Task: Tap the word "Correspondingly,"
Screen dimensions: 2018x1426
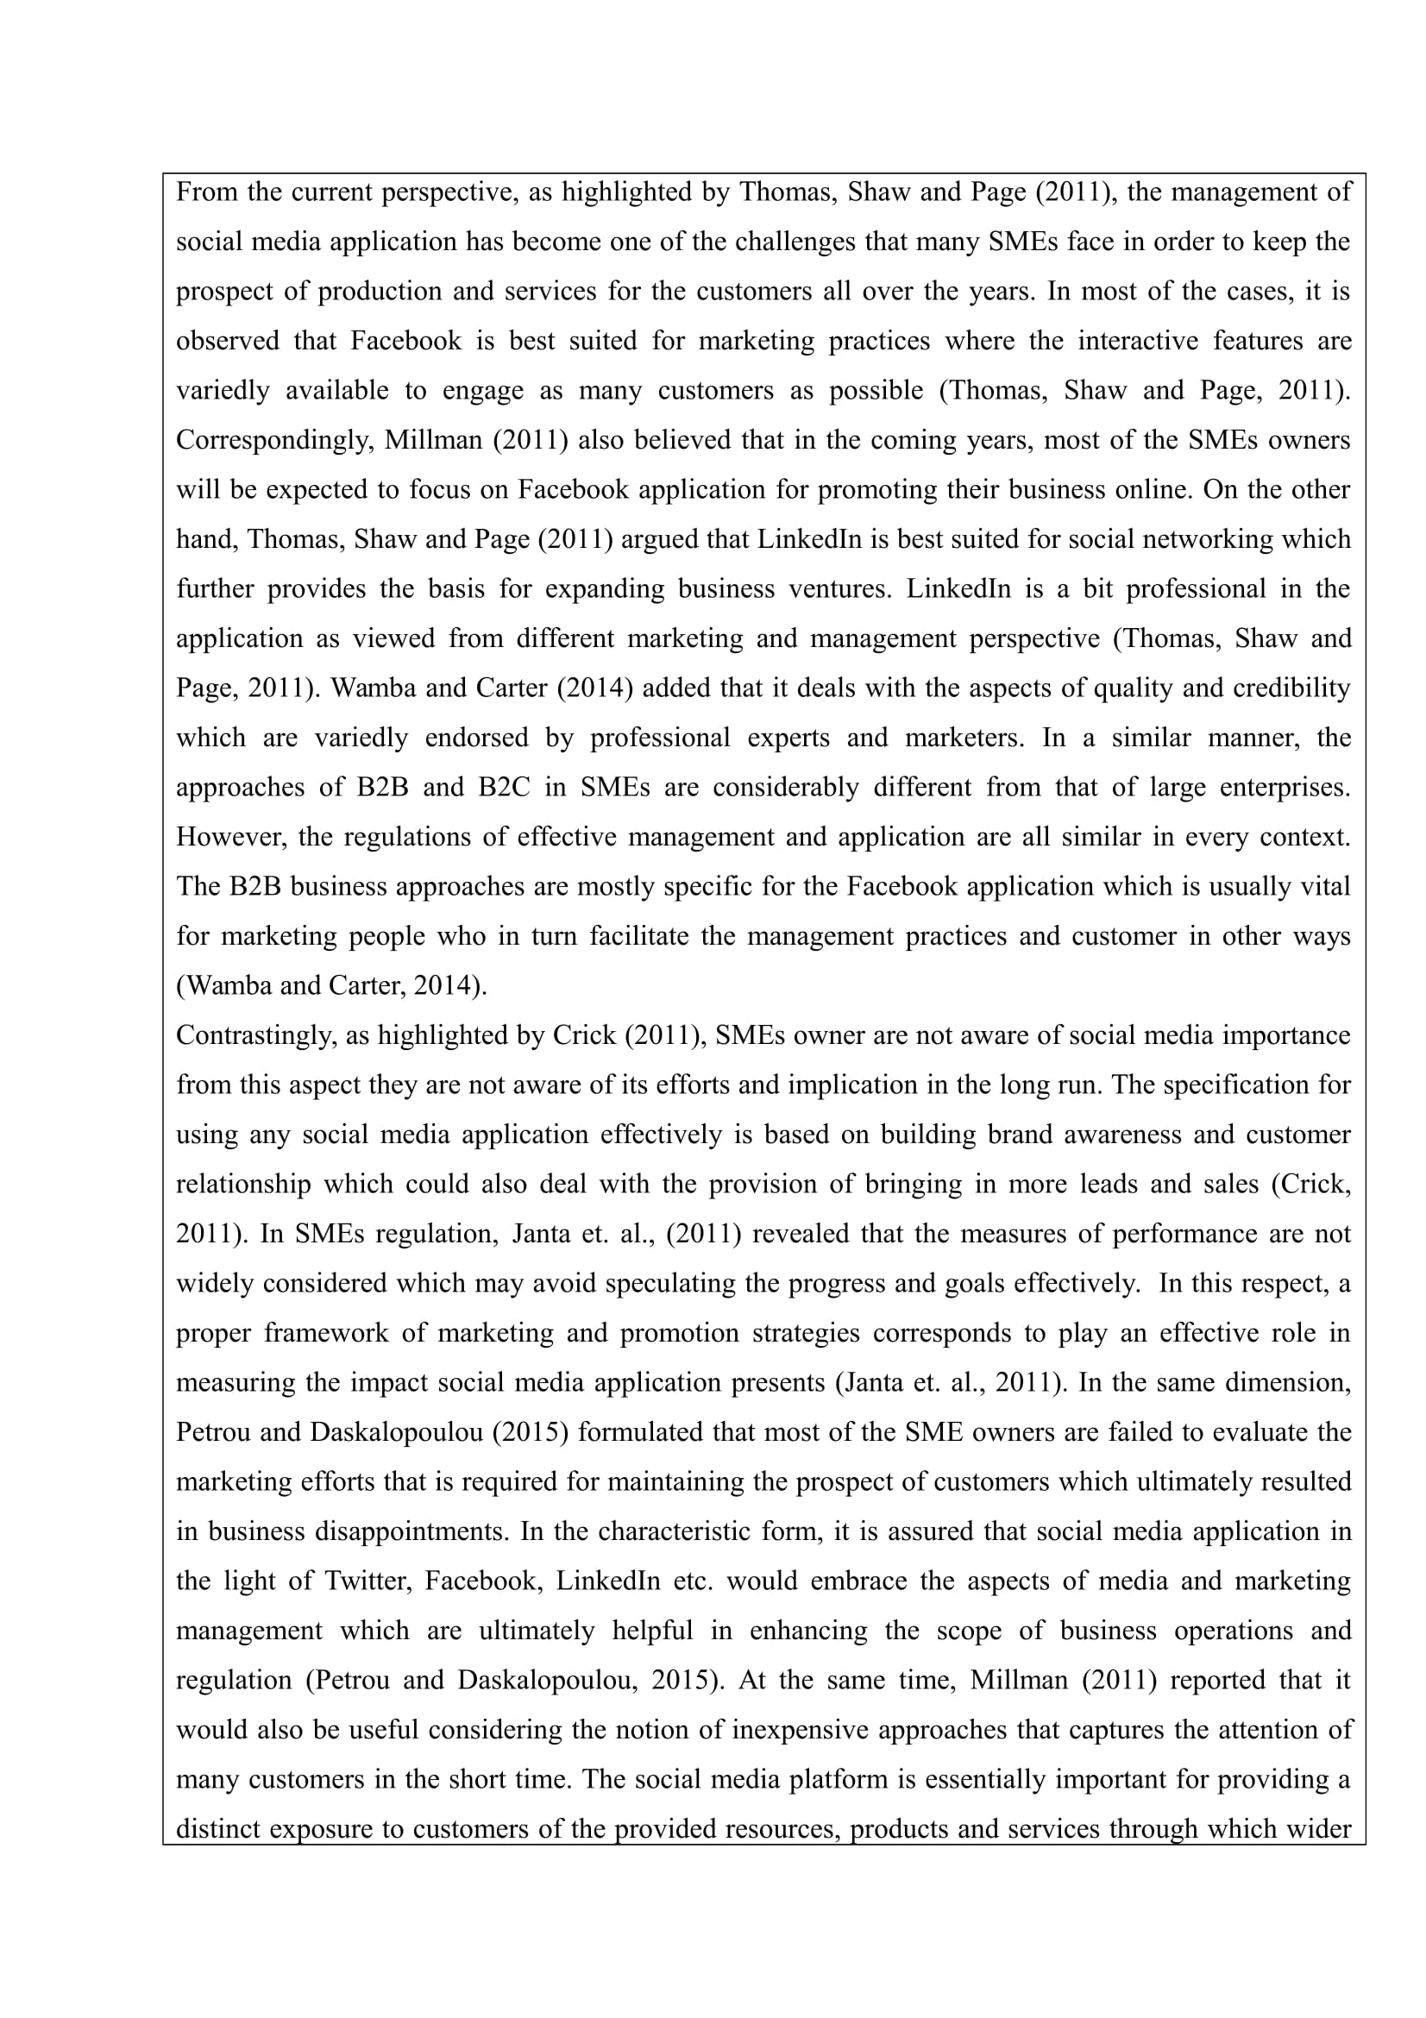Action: [272, 440]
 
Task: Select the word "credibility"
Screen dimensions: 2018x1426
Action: [1291, 688]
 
